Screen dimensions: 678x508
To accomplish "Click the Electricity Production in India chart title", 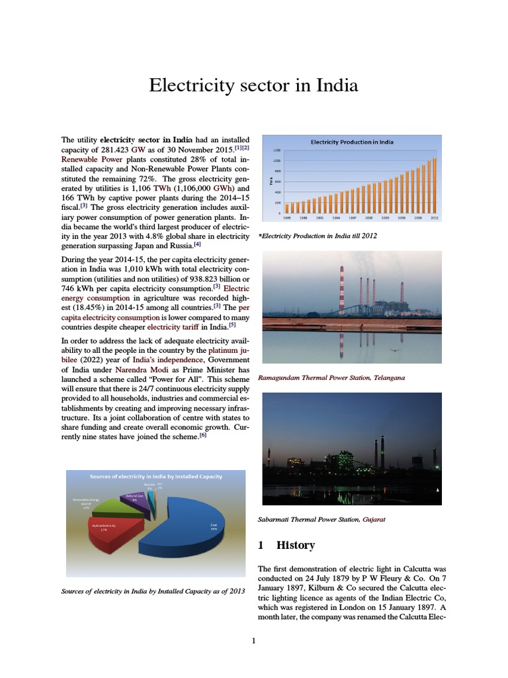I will pos(353,142).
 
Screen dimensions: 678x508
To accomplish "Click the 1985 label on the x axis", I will pos(287,217).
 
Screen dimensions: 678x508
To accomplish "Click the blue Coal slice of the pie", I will pos(192,530).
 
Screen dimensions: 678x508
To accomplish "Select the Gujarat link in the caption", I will pos(374,519).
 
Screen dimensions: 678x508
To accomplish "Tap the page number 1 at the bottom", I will pos(253,640).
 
